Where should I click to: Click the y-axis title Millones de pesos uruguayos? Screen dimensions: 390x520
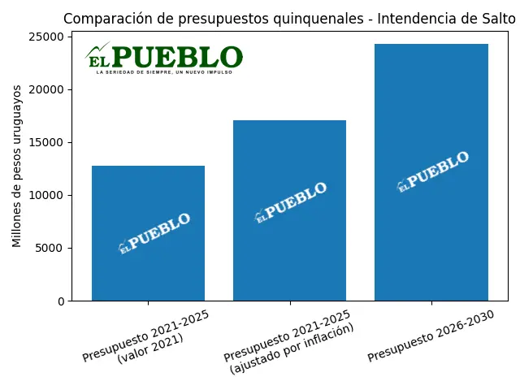click(17, 170)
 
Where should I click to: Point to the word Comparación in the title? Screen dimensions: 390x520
click(99, 18)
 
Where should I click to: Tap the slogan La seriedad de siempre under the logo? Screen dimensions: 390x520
click(164, 72)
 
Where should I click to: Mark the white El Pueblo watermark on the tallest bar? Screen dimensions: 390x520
click(433, 171)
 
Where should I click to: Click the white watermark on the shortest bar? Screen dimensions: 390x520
click(154, 233)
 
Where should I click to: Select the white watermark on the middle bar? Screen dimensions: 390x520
click(291, 202)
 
